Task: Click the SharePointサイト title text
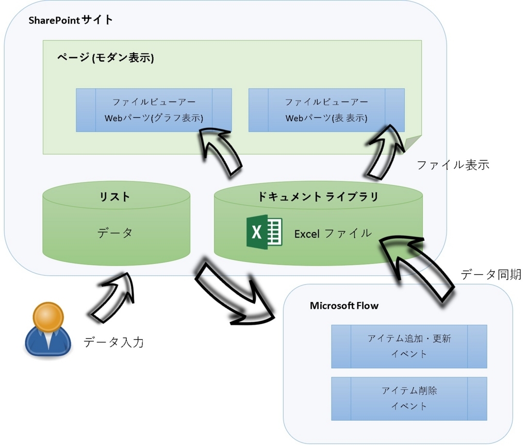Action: click(71, 20)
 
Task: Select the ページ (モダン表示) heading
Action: click(105, 58)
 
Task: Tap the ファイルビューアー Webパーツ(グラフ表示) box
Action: click(154, 110)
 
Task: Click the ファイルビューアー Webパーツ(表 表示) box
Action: click(326, 110)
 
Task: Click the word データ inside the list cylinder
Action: click(115, 233)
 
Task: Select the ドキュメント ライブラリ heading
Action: click(318, 196)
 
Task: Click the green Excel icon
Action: click(264, 233)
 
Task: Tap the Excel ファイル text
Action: click(333, 234)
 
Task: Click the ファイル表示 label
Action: click(452, 165)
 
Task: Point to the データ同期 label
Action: click(491, 274)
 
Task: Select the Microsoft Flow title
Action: click(344, 306)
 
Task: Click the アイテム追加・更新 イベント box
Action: click(409, 346)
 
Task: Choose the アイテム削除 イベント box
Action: click(409, 398)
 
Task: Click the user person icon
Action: click(48, 330)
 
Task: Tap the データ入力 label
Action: click(113, 341)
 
